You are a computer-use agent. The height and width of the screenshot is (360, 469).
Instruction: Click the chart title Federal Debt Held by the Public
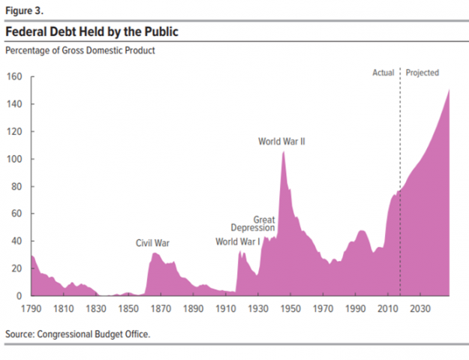[92, 32]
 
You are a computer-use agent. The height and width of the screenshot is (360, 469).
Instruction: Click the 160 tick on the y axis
[15, 77]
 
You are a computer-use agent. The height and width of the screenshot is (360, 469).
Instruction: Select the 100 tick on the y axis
[15, 159]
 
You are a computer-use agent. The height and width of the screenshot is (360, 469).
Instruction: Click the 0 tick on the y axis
[20, 296]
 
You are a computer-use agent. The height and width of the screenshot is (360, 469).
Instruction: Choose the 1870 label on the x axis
[161, 309]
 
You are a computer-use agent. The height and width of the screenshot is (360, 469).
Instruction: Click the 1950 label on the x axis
[292, 309]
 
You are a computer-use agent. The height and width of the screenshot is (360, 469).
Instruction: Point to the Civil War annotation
[152, 243]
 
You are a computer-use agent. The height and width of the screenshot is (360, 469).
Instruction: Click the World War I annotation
[238, 241]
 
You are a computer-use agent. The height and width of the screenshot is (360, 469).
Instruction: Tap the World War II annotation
[281, 141]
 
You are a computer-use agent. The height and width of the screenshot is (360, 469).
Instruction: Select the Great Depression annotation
[253, 223]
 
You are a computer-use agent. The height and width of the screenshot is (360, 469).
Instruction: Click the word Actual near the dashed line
[383, 73]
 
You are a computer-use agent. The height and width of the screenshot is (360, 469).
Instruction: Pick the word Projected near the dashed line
[422, 73]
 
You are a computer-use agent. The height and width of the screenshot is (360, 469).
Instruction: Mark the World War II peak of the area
[283, 151]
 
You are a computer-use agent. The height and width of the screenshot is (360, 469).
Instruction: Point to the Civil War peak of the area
[154, 253]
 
